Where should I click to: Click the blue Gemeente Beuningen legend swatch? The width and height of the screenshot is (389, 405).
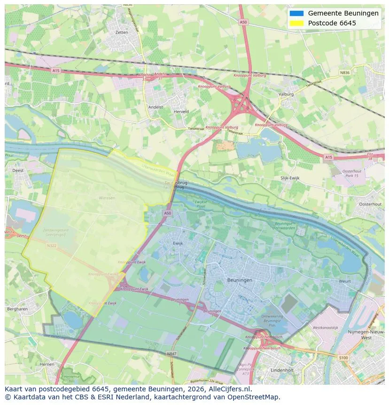[x=296, y=13]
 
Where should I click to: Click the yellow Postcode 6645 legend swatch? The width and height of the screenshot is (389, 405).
[x=296, y=23]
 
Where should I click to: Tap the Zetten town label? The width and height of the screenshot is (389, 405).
[x=121, y=32]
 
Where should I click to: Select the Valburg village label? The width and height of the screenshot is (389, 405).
[x=286, y=94]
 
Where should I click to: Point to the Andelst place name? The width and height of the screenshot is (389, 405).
[x=156, y=107]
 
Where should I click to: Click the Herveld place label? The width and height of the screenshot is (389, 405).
[x=181, y=112]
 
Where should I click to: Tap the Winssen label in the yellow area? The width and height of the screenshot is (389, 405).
[x=107, y=198]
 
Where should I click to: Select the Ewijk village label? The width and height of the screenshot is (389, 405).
[x=178, y=243]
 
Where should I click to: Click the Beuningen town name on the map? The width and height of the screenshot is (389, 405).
[x=240, y=280]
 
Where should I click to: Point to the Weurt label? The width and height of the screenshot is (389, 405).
[x=344, y=281]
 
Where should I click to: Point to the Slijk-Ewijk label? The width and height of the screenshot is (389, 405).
[x=290, y=178]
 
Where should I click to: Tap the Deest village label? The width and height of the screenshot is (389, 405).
[x=18, y=171]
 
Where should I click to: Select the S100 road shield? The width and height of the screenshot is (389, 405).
[x=343, y=358]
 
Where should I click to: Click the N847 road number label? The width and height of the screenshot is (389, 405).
[x=171, y=353]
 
